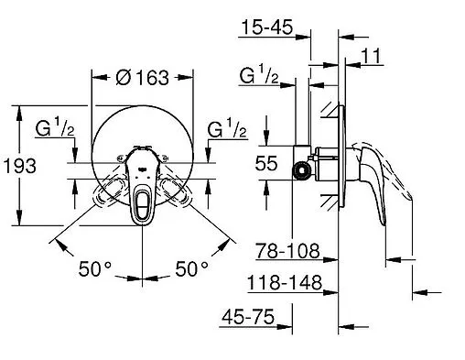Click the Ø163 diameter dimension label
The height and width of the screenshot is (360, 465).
coord(142,78)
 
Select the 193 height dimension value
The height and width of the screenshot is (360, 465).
coord(20,166)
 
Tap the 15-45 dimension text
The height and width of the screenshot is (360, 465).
coord(267,27)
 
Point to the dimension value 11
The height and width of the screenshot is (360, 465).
coord(371,56)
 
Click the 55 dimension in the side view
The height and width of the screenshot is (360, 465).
coord(266,163)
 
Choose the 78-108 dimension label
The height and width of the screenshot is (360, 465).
coord(287,251)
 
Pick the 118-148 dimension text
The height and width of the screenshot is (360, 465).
coord(285,282)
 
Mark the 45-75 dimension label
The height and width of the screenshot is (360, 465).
coord(248,316)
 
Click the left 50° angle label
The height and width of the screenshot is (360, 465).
coord(95,269)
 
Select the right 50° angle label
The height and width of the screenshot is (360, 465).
coord(191,269)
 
